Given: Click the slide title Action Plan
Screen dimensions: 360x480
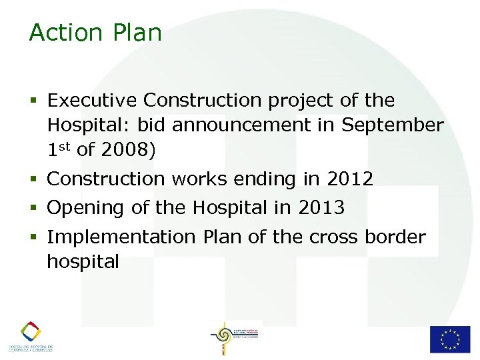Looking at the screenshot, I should [95, 33].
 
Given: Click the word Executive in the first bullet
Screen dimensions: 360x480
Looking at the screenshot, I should [93, 101].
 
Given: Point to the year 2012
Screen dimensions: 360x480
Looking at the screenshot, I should [350, 179].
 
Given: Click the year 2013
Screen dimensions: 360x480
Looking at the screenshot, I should [321, 208].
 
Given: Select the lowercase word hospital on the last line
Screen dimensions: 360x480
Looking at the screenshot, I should [83, 262].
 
